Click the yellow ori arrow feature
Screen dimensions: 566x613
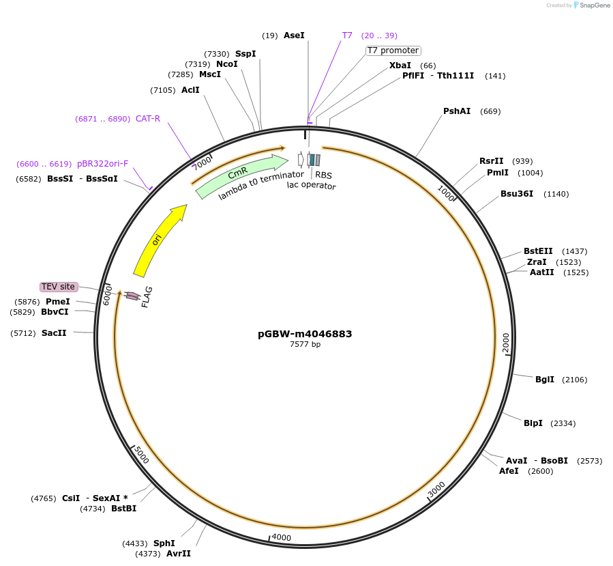[158, 240]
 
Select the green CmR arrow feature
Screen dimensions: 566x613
[239, 174]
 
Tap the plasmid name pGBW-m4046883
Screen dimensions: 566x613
[305, 334]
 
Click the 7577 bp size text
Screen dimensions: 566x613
[305, 345]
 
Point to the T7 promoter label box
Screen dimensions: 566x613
[393, 51]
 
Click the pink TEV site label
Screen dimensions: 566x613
[59, 287]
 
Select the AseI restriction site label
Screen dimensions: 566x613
[294, 35]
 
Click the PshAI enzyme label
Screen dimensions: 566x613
[457, 111]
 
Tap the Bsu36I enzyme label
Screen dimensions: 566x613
[517, 194]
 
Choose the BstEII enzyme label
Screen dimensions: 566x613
[538, 251]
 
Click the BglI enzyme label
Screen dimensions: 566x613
[545, 380]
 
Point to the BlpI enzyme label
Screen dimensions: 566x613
[533, 423]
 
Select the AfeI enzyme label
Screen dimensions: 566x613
[509, 471]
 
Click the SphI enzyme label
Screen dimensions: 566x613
[164, 543]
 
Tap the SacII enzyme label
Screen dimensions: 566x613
[54, 333]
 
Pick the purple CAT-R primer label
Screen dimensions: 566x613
[148, 119]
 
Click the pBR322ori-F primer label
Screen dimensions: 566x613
[102, 164]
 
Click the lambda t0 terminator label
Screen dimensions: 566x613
[261, 186]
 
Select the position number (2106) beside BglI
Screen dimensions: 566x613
[574, 380]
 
